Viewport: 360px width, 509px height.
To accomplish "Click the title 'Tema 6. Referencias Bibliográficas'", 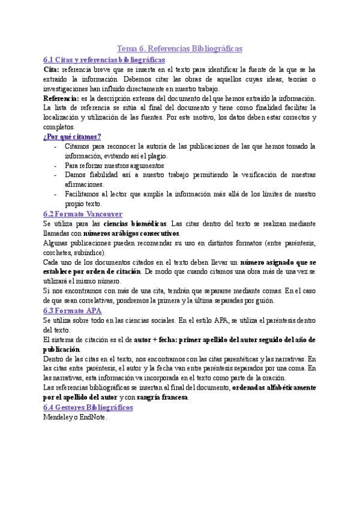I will click(179, 49).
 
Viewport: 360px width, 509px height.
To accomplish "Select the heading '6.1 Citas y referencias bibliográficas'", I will click(104, 60).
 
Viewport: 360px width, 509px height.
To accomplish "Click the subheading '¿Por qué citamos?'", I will click(72, 137).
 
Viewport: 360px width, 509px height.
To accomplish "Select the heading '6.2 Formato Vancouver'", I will click(83, 214).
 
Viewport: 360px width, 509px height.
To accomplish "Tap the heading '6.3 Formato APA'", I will click(73, 310).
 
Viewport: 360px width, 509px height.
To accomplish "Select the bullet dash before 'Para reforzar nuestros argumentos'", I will click(56, 166).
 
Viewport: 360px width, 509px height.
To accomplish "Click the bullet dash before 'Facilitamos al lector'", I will click(56, 194).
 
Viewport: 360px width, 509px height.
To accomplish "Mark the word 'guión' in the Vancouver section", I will click(265, 300).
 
